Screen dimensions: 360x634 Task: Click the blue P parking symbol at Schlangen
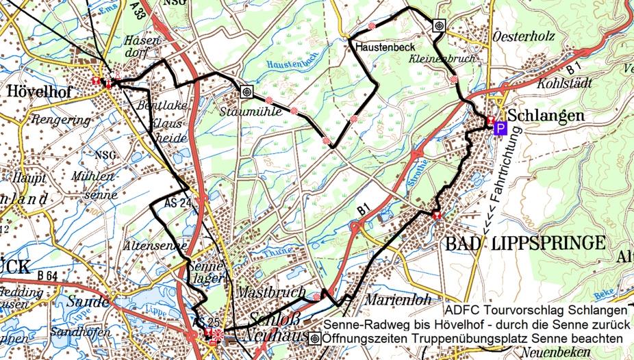(500, 129)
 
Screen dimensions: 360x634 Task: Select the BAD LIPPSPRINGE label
(525, 243)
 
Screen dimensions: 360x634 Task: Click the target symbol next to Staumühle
(245, 91)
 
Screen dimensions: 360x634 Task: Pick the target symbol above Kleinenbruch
(440, 25)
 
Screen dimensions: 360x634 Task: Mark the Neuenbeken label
(556, 352)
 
